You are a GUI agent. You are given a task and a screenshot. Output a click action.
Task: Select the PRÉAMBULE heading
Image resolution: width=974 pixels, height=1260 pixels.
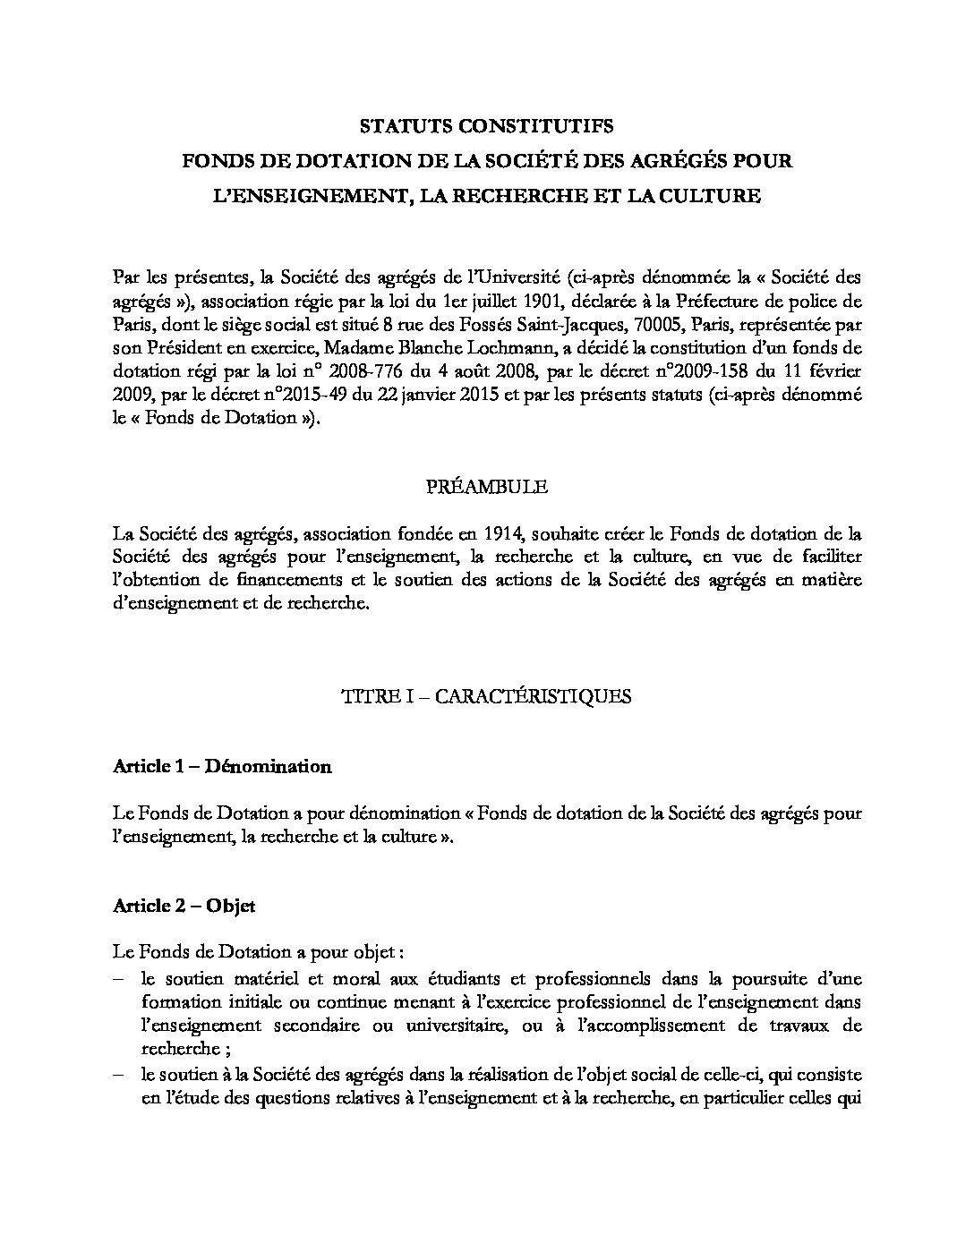[486, 488]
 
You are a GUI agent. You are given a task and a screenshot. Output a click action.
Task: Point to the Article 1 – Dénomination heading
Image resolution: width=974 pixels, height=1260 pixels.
[223, 766]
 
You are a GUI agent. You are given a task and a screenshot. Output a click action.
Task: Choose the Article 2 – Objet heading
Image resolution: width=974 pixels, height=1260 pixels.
[184, 906]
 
